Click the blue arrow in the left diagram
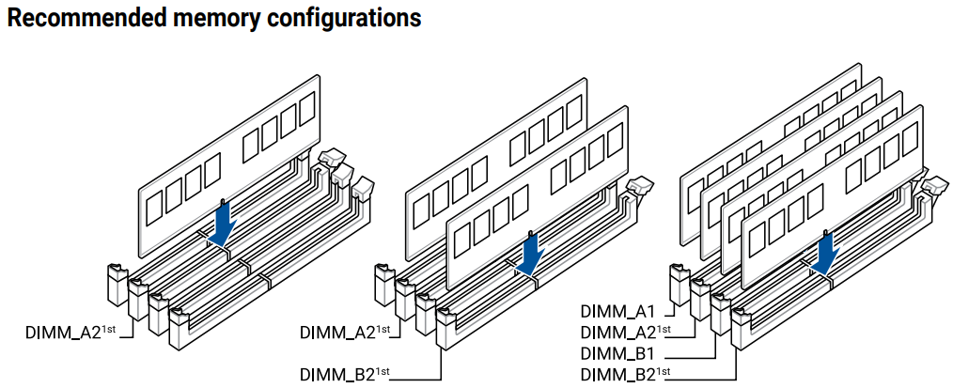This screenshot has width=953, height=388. click(x=222, y=224)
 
